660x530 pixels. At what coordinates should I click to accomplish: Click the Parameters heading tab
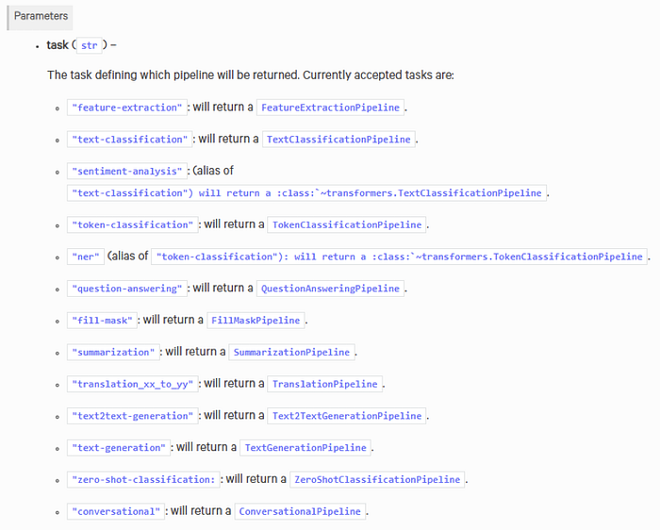point(40,16)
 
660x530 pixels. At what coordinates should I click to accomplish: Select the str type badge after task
point(90,45)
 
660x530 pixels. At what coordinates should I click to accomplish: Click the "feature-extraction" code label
point(126,108)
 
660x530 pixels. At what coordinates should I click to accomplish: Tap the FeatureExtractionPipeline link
point(330,108)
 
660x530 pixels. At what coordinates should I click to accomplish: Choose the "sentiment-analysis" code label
point(126,172)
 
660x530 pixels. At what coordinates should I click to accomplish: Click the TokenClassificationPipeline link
point(347,224)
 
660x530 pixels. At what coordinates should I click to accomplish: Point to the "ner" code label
point(86,257)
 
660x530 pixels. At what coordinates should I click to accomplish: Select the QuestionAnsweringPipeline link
point(330,289)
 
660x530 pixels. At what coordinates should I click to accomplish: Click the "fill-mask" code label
point(102,321)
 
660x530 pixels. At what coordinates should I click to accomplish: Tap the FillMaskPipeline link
point(256,321)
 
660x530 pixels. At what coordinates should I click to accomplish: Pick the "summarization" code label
point(113,353)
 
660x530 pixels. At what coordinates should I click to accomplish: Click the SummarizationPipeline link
point(291,353)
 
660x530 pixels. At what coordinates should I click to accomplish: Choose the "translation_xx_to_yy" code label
point(133,384)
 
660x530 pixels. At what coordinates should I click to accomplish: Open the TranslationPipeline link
point(325,384)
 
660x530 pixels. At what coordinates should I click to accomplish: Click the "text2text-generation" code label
point(133,416)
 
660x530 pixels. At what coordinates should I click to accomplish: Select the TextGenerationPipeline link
point(305,448)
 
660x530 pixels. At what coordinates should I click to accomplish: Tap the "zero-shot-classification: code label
point(143,479)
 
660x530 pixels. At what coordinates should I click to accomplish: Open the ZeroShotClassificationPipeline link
point(377,479)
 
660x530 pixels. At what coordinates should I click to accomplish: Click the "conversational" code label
point(116,511)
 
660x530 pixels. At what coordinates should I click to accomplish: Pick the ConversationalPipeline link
point(300,511)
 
